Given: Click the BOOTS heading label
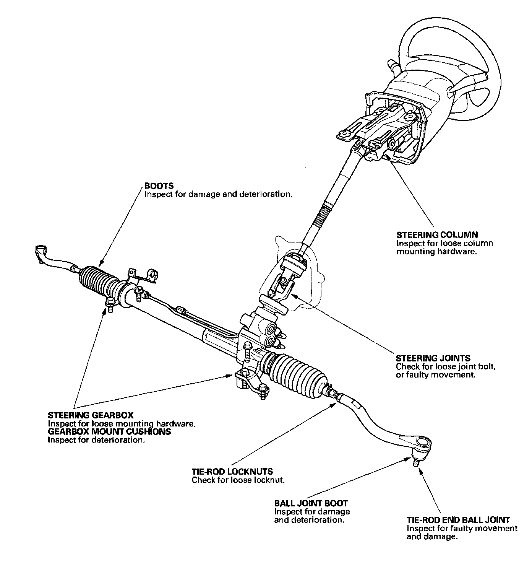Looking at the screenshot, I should tap(159, 186).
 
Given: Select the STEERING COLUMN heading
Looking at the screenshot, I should tap(437, 235).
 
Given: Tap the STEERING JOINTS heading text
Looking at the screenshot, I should tap(433, 358).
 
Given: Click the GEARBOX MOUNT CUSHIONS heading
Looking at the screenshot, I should tap(109, 432).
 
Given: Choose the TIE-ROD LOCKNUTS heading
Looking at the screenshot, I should tap(232, 472).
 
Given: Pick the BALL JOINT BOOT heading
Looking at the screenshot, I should tap(311, 503).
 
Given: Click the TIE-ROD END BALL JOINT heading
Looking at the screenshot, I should tap(458, 520).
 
